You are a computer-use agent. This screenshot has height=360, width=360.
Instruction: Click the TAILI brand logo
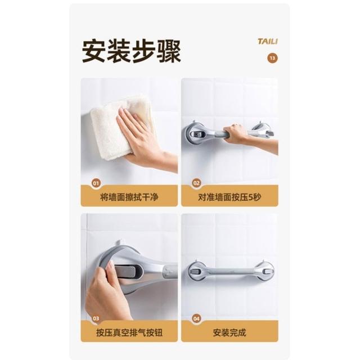tap(268, 41)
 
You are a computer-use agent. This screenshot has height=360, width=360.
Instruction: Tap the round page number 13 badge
tap(272, 58)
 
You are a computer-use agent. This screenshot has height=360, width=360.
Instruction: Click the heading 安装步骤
tap(132, 51)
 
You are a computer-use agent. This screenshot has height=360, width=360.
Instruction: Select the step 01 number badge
tap(96, 183)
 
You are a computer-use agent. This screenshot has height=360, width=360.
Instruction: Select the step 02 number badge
tap(196, 183)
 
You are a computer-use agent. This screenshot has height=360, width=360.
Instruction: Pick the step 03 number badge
tap(96, 318)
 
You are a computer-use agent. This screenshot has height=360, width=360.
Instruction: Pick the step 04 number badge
tap(196, 318)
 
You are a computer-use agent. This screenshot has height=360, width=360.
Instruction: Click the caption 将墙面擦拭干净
tap(129, 197)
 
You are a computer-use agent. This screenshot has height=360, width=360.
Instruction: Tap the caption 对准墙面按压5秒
tap(229, 197)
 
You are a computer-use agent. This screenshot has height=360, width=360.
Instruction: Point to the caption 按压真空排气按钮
tap(129, 332)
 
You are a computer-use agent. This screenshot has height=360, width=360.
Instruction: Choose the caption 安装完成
tap(229, 332)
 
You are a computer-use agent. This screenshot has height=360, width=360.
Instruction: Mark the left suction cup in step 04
tap(196, 271)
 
